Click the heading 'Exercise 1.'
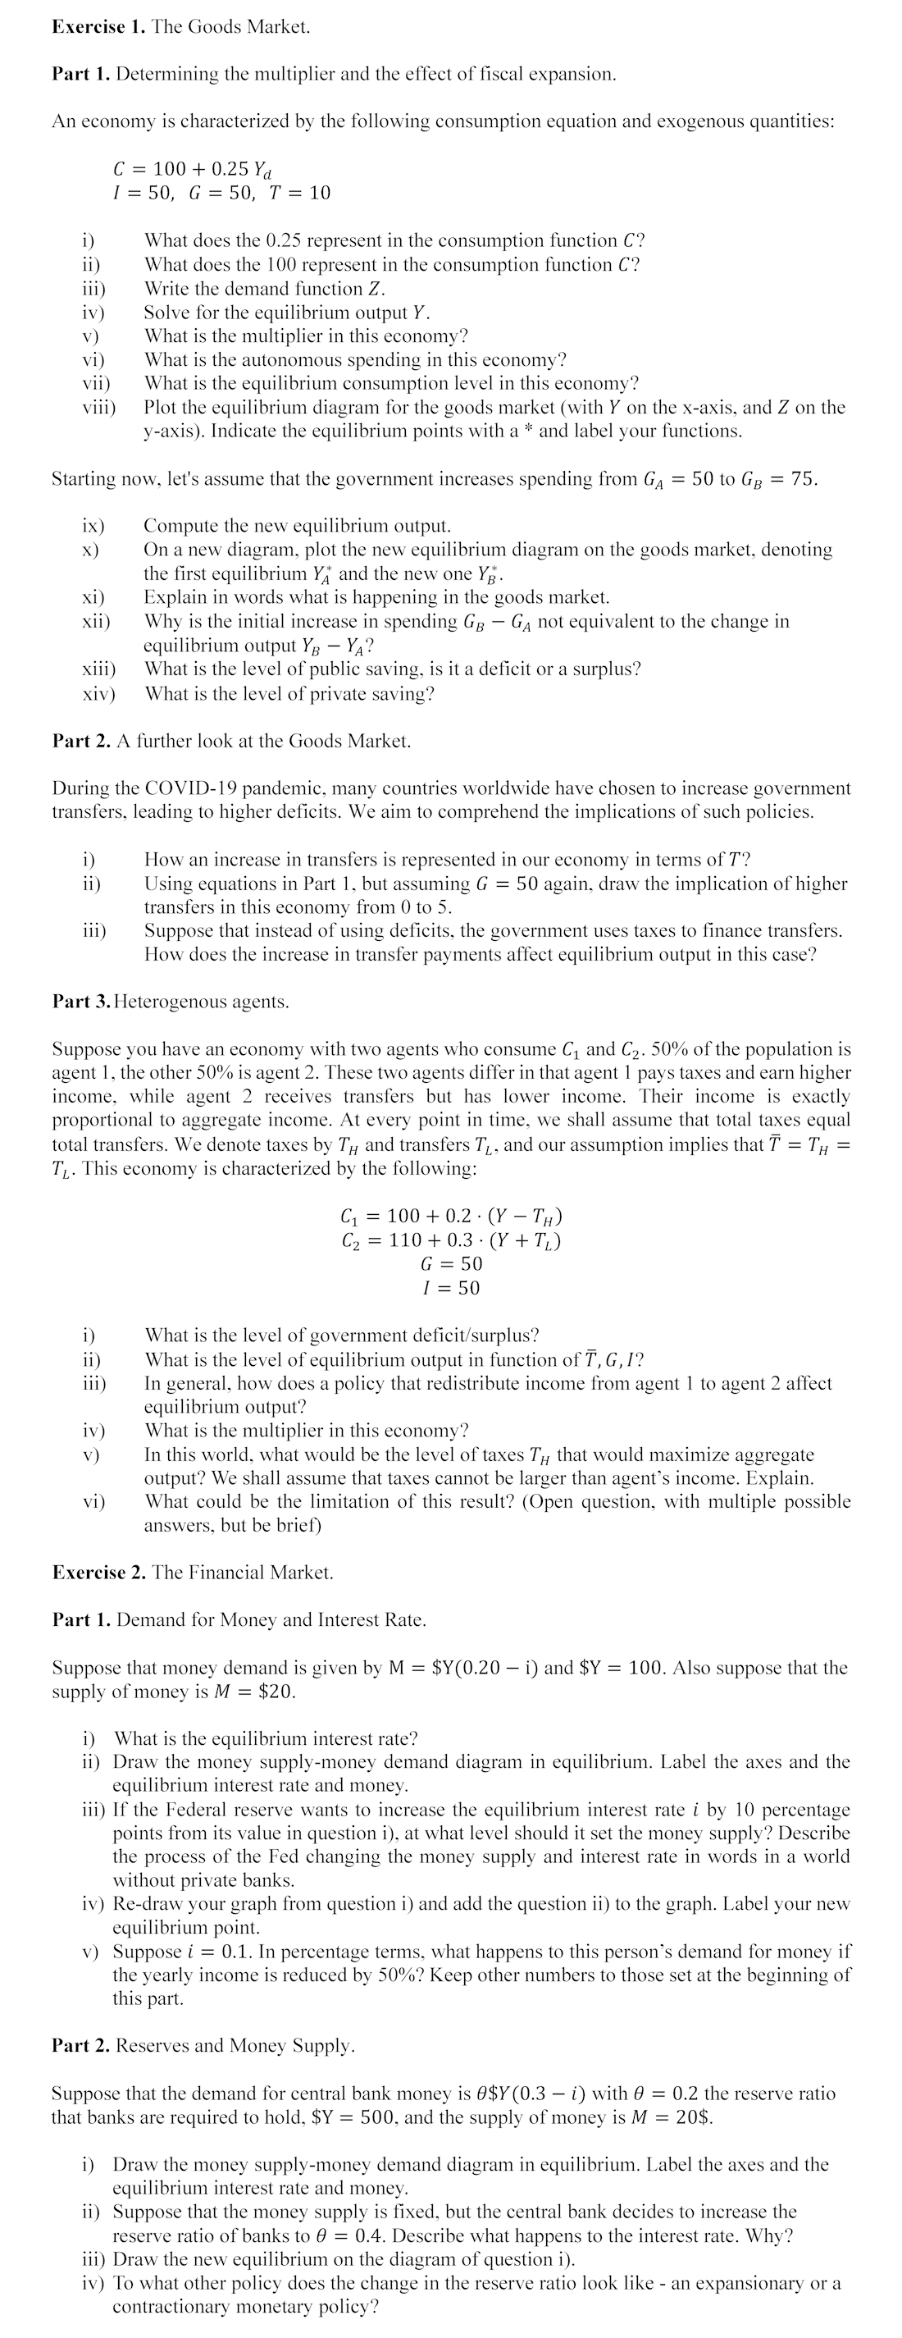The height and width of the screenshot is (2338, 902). (99, 27)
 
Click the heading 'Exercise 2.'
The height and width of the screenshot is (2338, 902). (99, 1573)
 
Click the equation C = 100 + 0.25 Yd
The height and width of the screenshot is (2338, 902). (192, 170)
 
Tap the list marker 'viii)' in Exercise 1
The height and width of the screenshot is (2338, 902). (99, 408)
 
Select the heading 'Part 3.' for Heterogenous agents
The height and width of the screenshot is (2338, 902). (80, 1002)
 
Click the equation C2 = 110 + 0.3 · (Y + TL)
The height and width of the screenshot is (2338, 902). (451, 1240)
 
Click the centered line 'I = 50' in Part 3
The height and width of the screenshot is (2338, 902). (451, 1288)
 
